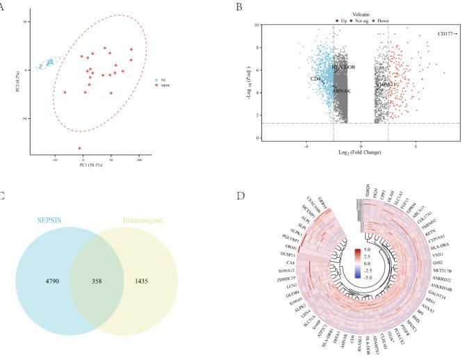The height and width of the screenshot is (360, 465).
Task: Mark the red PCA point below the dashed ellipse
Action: coord(80,148)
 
